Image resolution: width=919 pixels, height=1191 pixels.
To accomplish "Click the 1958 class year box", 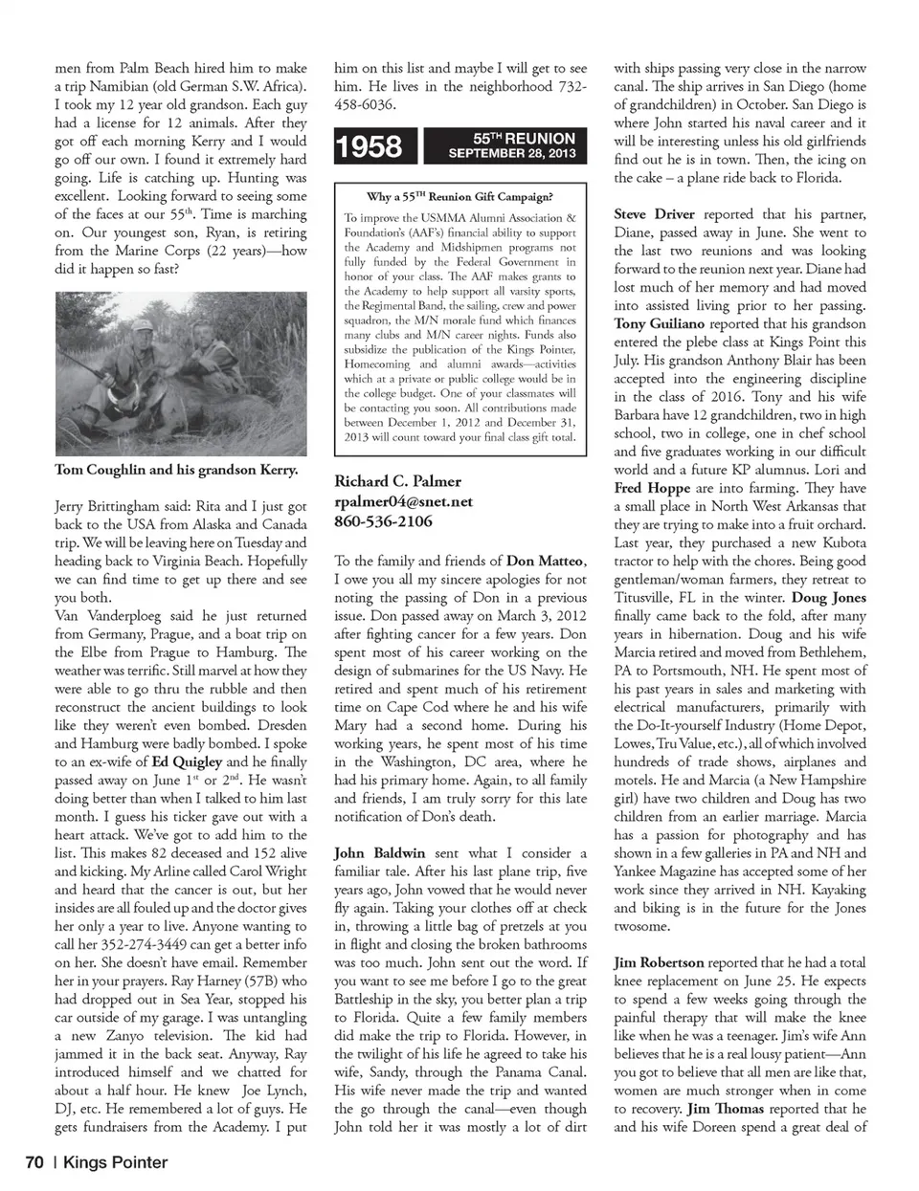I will tap(370, 145).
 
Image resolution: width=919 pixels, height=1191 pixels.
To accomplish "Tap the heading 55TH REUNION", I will tap(524, 138).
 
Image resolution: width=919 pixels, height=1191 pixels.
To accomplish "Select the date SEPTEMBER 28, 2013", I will tap(512, 153).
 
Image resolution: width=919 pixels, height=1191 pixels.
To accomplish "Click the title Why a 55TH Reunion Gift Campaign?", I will tap(459, 197).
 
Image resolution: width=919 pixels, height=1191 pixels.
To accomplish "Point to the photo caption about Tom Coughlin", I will tap(176, 470).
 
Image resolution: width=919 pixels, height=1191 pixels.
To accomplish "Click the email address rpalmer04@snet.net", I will tap(403, 501).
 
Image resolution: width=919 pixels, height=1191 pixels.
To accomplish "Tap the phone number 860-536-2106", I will tap(383, 521).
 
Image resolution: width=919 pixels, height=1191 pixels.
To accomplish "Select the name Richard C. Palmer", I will tap(397, 481).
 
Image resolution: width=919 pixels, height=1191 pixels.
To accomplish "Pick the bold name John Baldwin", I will tap(378, 853).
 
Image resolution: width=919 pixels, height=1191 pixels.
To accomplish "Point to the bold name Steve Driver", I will tap(654, 214).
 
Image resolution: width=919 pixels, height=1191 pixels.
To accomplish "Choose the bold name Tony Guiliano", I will tap(660, 324).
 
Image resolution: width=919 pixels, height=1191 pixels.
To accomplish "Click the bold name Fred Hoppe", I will tap(652, 488).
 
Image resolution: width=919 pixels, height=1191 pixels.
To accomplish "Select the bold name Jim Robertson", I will tap(659, 963).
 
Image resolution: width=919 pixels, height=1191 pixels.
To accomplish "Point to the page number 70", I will tap(34, 1163).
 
